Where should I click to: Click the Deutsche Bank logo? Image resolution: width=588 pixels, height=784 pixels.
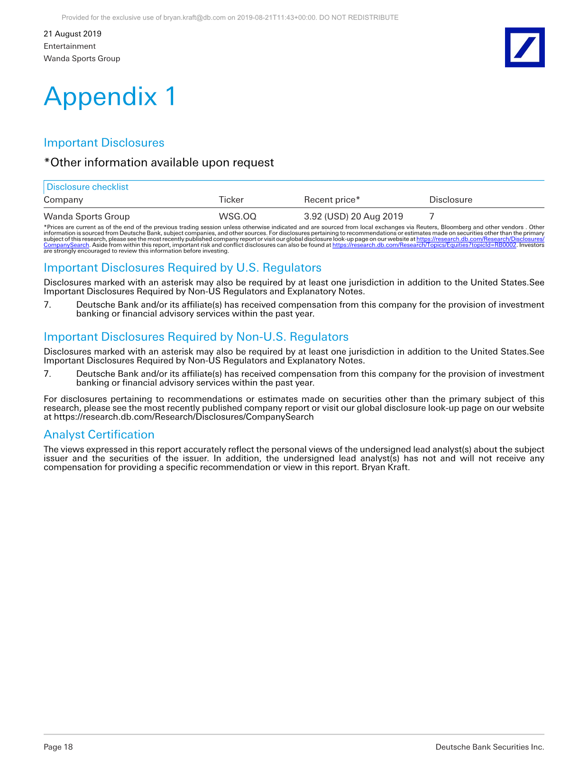tap(524, 47)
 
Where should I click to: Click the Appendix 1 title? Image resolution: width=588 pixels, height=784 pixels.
tap(110, 97)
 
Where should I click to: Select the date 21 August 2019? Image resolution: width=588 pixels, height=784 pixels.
tap(73, 34)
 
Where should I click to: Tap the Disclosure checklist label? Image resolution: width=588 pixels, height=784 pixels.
tap(88, 187)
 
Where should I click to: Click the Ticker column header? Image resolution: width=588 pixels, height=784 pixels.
tap(231, 200)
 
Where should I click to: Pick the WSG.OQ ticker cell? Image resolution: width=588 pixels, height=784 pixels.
tap(238, 217)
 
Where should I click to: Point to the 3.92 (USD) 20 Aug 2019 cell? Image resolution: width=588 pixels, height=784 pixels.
tap(353, 217)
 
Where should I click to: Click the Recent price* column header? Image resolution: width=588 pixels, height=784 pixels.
tap(332, 200)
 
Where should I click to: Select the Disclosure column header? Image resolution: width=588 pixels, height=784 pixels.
tap(450, 200)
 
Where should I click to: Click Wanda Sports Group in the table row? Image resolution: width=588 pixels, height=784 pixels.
tap(87, 217)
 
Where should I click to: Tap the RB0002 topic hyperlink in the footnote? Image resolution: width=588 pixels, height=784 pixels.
tap(424, 245)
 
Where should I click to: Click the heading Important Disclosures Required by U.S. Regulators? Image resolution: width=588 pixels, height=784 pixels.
tap(183, 268)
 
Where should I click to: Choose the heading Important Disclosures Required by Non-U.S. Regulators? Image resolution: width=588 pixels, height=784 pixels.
tap(196, 337)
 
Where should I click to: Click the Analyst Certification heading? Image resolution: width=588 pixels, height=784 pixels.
tap(99, 435)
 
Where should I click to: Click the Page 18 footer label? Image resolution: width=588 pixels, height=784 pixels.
tap(58, 747)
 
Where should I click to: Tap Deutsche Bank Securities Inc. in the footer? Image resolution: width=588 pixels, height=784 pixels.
tap(489, 747)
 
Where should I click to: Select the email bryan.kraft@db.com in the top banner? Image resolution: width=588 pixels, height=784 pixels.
tap(194, 18)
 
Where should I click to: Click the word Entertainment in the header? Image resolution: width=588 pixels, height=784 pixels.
tap(70, 46)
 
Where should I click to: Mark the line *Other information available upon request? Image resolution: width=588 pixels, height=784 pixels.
tap(159, 163)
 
